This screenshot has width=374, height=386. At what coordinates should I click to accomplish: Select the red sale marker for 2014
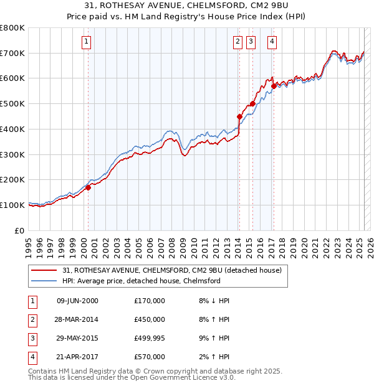click(x=239, y=116)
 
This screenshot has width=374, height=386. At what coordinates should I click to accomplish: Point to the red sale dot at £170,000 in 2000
click(x=88, y=187)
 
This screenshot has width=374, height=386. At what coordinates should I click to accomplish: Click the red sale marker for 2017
click(x=273, y=85)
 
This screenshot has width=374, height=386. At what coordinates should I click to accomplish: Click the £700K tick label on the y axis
click(x=12, y=54)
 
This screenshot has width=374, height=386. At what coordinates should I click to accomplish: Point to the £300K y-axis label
click(x=12, y=154)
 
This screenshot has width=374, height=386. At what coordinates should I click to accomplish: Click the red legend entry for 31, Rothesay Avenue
click(x=172, y=270)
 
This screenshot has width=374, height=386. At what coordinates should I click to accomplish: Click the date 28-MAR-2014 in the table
click(x=77, y=319)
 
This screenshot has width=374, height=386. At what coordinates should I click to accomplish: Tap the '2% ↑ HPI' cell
click(x=213, y=357)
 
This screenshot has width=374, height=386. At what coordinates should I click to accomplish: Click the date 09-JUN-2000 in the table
click(x=77, y=301)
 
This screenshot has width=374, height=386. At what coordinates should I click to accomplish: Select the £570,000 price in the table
click(x=150, y=357)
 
